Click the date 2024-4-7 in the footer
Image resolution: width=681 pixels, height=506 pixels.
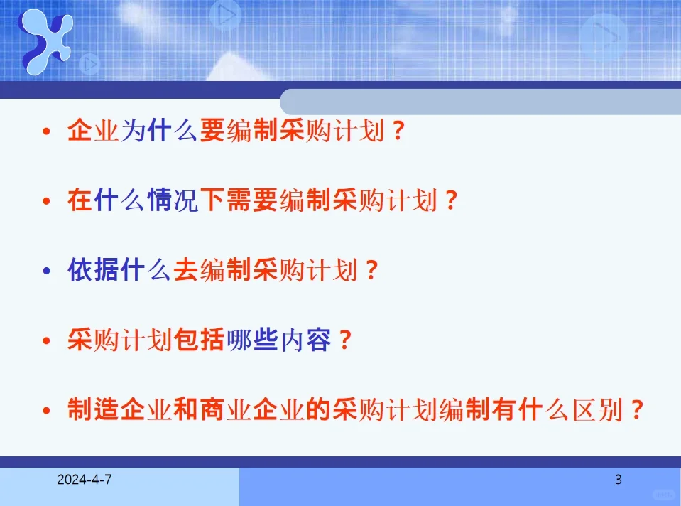point(85,480)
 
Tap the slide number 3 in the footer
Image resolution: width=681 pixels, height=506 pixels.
point(619,480)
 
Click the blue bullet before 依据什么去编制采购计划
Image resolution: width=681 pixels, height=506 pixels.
point(47,272)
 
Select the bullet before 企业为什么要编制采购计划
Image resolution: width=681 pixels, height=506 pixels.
point(47,132)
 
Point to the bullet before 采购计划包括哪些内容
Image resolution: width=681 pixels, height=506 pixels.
point(47,342)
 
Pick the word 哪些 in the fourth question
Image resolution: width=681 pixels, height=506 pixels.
point(253,341)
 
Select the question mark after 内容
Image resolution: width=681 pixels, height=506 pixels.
point(344,341)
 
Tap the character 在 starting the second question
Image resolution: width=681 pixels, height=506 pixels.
point(80,202)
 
